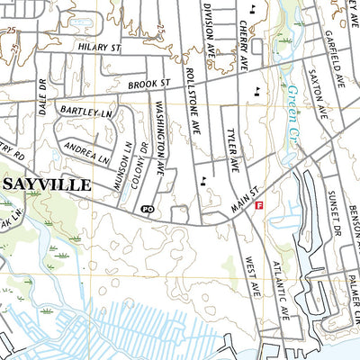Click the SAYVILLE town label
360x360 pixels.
[x=48, y=184]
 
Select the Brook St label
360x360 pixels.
[x=149, y=84]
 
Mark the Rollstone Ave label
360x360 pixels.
[x=191, y=100]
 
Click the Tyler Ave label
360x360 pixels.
[x=231, y=148]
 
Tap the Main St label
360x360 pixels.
[x=243, y=199]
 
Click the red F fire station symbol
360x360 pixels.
[x=259, y=206]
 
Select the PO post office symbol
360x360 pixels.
[x=148, y=210]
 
